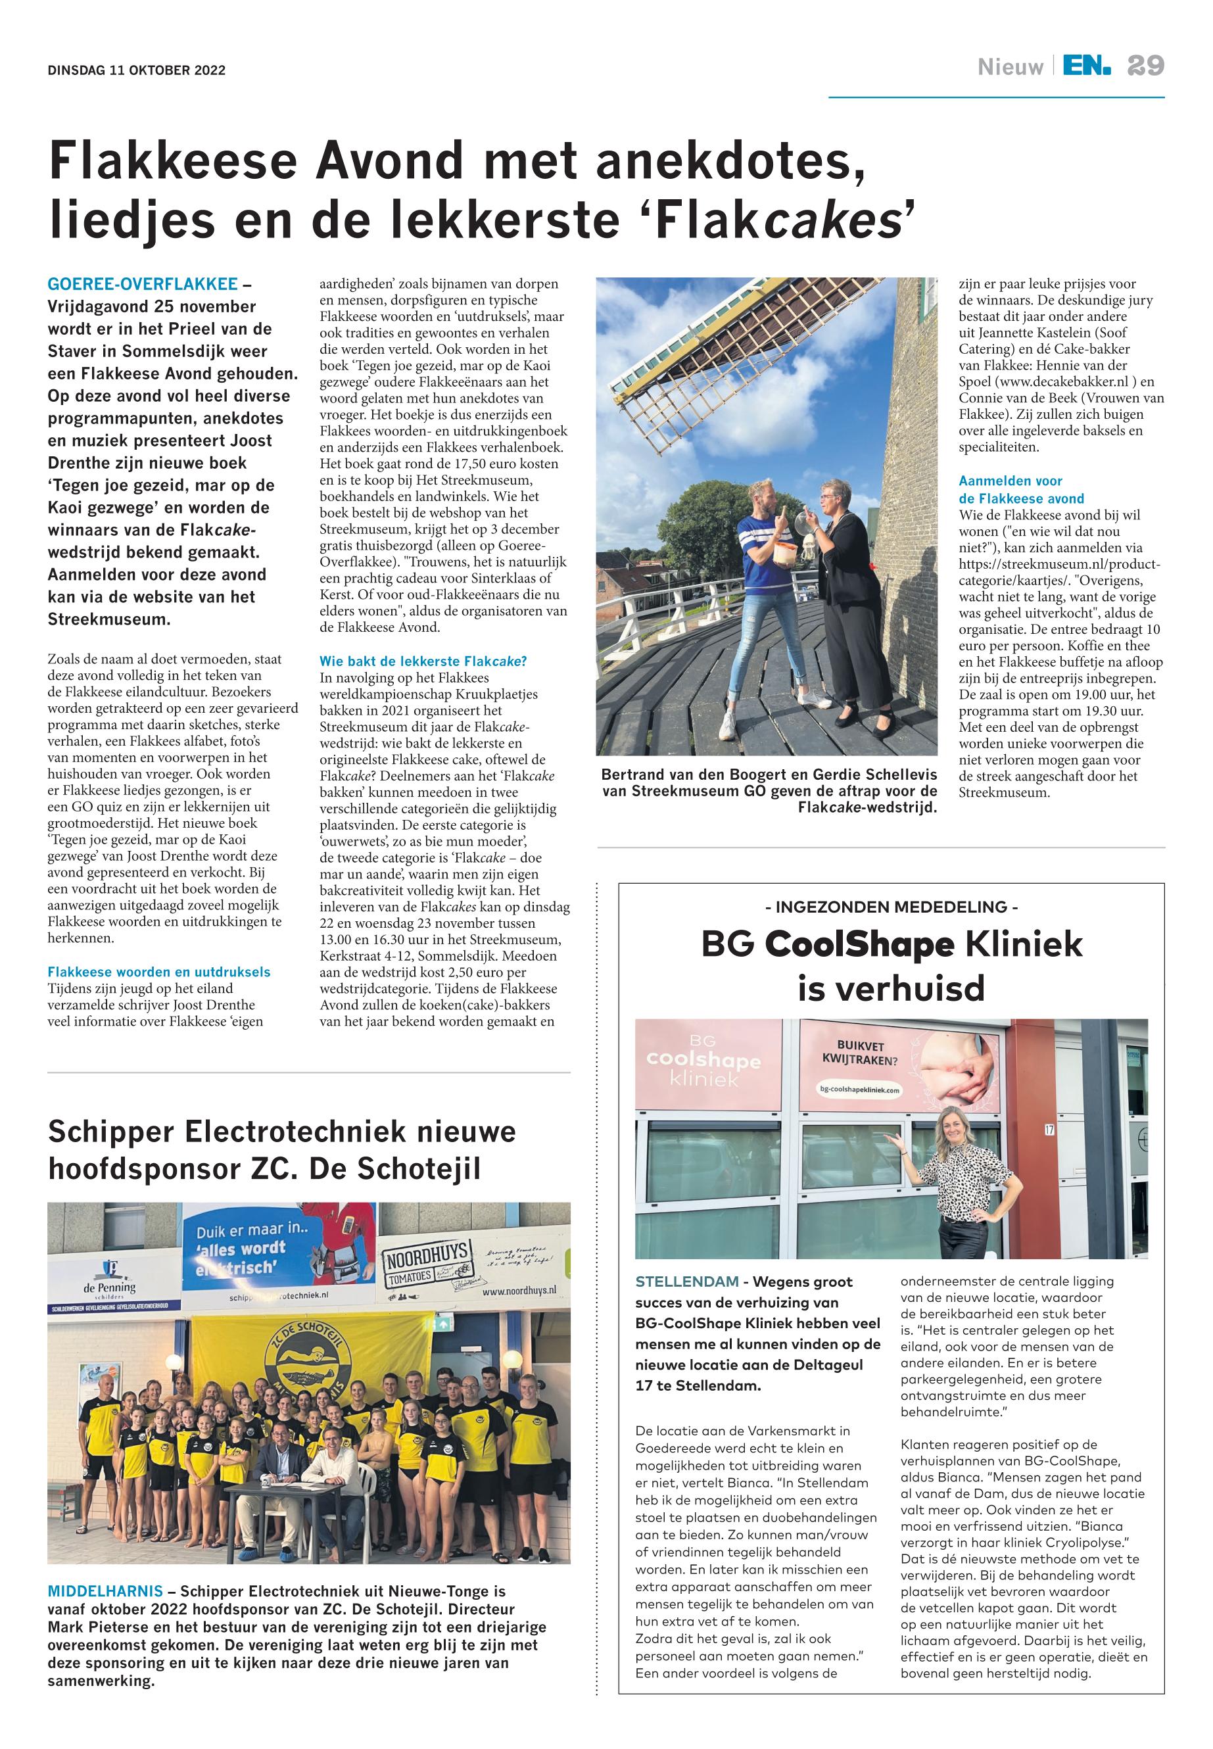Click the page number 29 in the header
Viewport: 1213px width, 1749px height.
[1145, 66]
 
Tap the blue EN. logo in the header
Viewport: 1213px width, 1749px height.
[1086, 67]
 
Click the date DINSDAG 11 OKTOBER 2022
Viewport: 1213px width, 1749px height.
[137, 71]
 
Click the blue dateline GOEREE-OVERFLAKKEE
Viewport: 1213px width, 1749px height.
[142, 284]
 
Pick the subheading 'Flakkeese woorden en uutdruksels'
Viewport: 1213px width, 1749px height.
[159, 972]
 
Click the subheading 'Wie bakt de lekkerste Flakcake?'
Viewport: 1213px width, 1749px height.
[423, 661]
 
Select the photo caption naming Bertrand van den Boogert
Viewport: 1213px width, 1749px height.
[769, 790]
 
